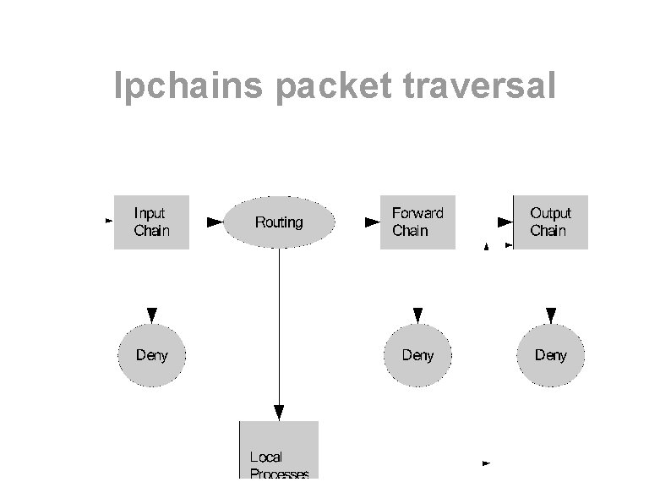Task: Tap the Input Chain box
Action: pyautogui.click(x=151, y=222)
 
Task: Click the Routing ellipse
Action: pyautogui.click(x=279, y=222)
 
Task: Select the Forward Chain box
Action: pyautogui.click(x=417, y=222)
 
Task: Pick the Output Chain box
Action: pyautogui.click(x=551, y=222)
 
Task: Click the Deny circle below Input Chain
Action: pyautogui.click(x=151, y=355)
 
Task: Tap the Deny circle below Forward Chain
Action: pyautogui.click(x=417, y=355)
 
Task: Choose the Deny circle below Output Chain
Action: pyautogui.click(x=551, y=355)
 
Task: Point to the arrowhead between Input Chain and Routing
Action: pyautogui.click(x=215, y=222)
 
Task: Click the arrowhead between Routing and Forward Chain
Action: pyautogui.click(x=372, y=222)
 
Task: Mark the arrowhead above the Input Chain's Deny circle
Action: pyautogui.click(x=151, y=315)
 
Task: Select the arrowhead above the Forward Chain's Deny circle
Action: pyautogui.click(x=417, y=315)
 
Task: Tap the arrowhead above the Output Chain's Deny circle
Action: pyautogui.click(x=551, y=315)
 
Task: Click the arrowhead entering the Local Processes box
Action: pyautogui.click(x=279, y=413)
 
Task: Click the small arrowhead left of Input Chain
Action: pyautogui.click(x=109, y=221)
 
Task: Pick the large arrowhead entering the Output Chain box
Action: pyautogui.click(x=505, y=222)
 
